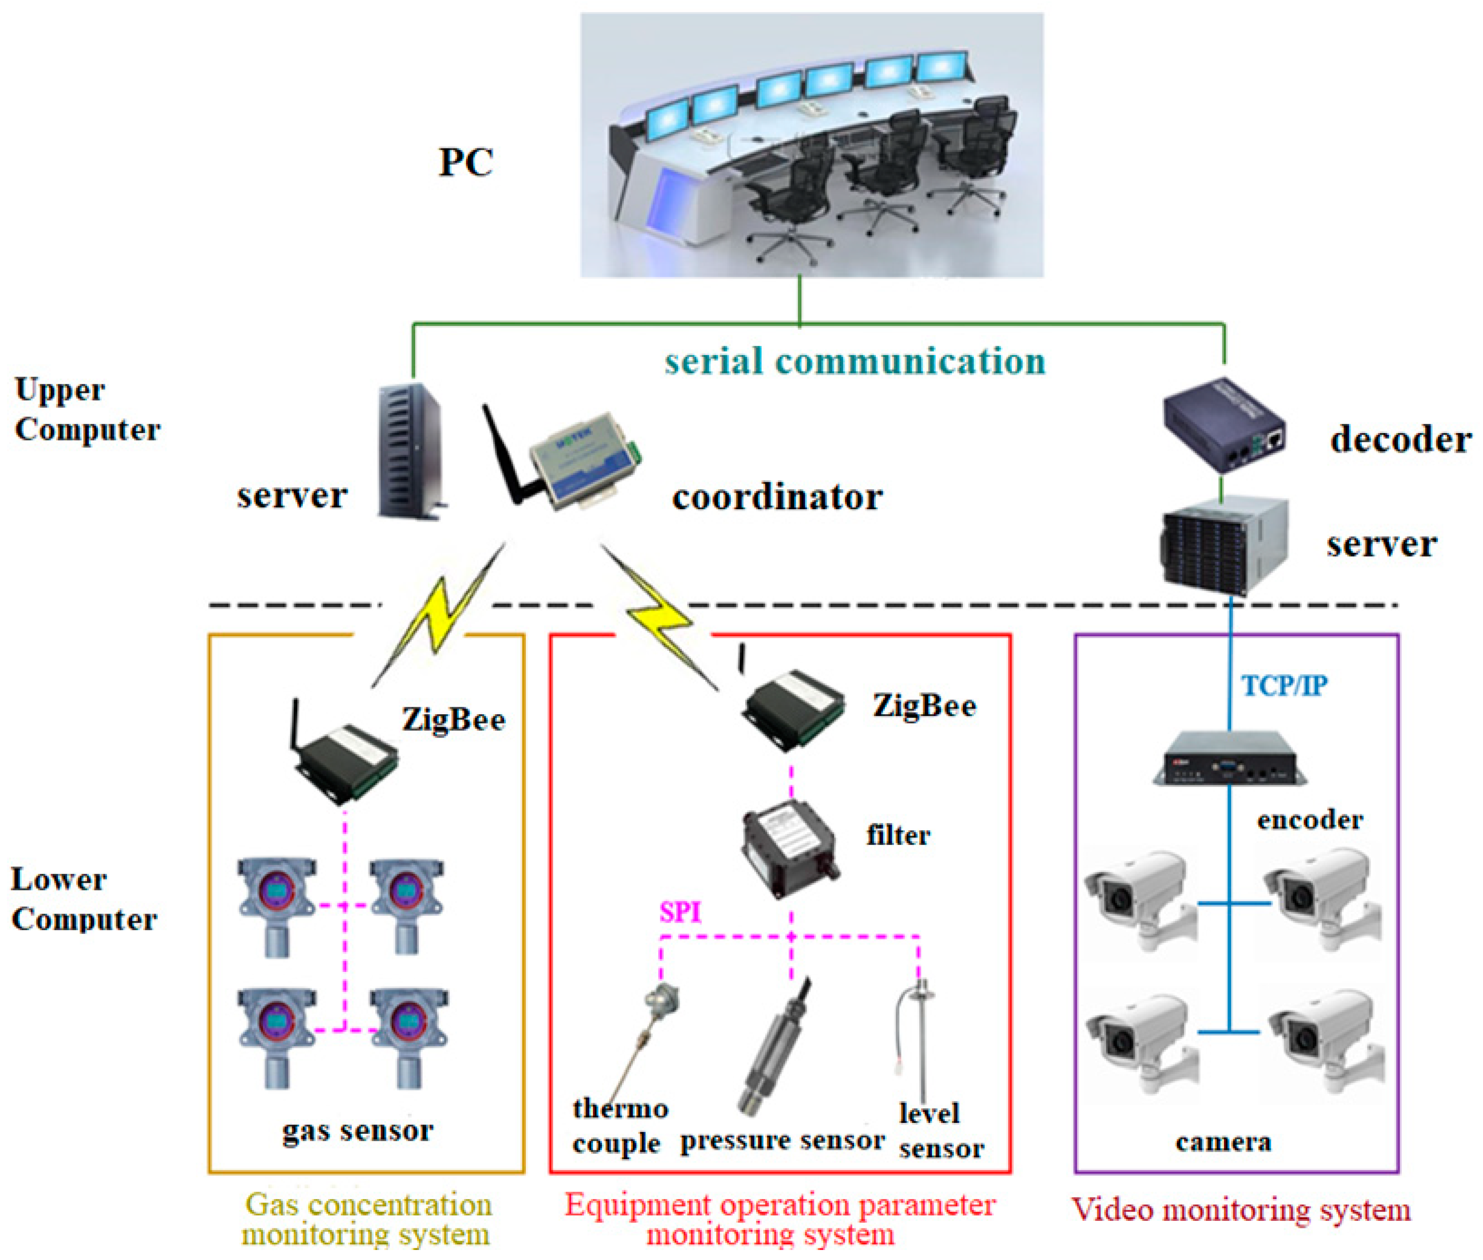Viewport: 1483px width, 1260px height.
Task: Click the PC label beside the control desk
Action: pos(465,162)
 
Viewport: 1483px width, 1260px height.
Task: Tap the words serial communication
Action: pos(854,361)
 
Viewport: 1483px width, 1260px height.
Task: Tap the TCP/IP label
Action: pos(1284,686)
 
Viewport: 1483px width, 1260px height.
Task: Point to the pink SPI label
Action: pos(679,913)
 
